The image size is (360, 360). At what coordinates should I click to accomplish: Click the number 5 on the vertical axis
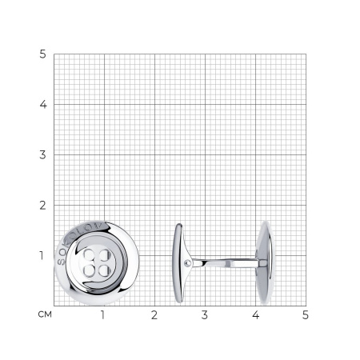point(42,54)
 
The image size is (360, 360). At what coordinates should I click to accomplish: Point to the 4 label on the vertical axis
point(43,105)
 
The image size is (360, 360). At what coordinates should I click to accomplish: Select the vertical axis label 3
point(42,155)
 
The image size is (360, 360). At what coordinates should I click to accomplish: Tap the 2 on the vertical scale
point(42,206)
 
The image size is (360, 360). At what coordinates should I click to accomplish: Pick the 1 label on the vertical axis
point(42,256)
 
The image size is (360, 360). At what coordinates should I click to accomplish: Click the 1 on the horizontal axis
point(102,315)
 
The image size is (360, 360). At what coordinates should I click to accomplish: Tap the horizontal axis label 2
point(154,315)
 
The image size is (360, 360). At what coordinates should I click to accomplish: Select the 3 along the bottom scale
point(205,315)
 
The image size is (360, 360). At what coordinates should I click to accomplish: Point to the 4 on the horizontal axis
point(255,315)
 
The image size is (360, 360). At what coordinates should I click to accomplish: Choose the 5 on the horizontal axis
point(306,315)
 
